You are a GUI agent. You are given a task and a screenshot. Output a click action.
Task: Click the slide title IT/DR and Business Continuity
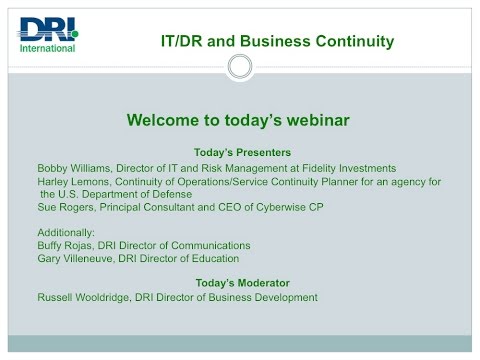point(277,41)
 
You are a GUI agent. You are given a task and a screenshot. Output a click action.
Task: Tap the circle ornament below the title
point(240,67)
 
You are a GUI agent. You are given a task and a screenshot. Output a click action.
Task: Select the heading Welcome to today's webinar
point(237,121)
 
